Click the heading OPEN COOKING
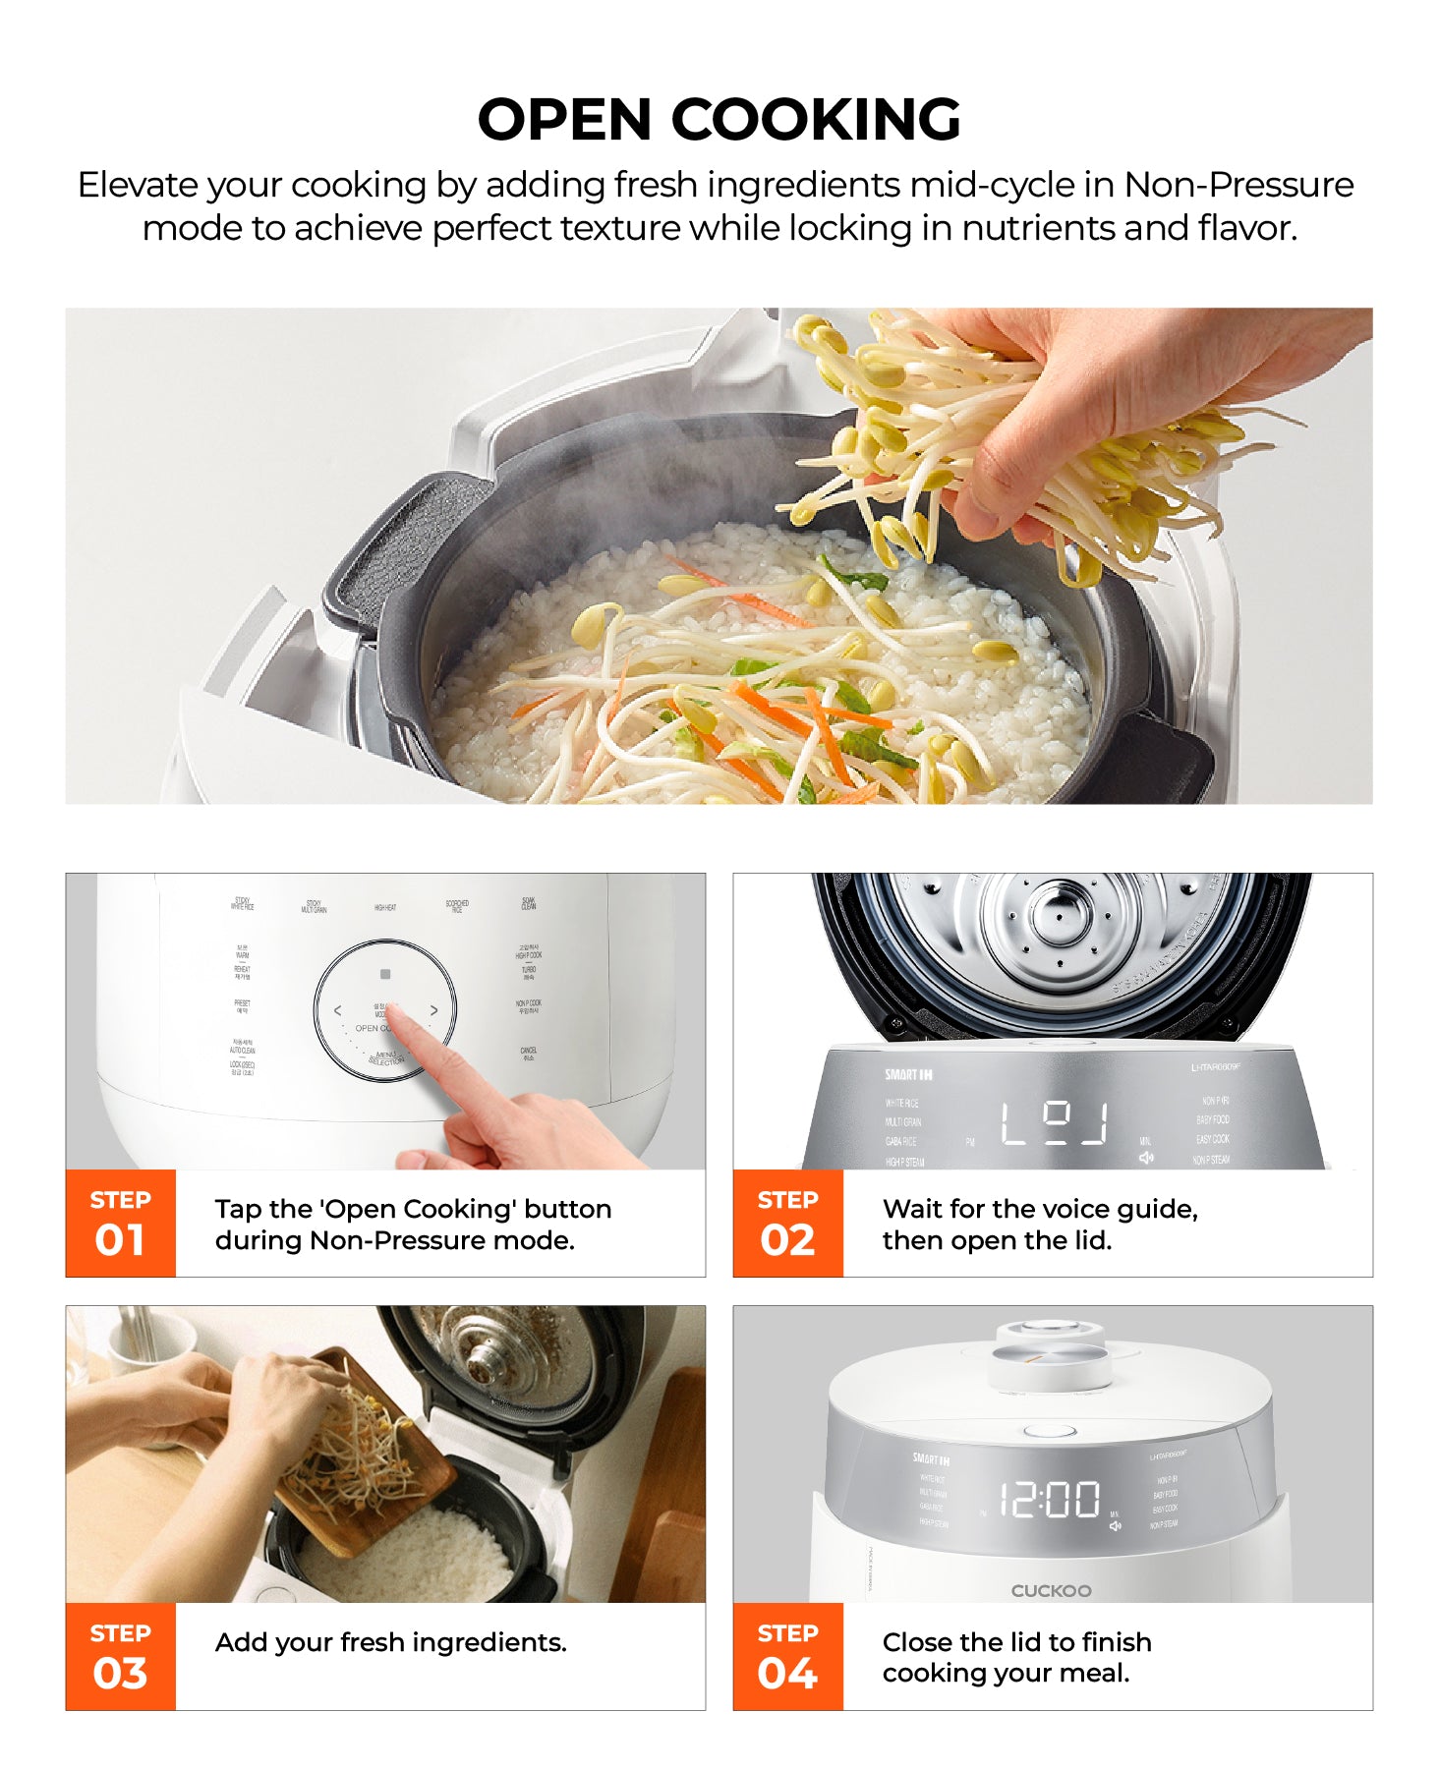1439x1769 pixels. coord(719,120)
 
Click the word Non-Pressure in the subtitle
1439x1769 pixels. coord(1238,185)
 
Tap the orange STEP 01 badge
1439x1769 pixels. coord(120,1224)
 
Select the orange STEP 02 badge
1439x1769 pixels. coord(787,1224)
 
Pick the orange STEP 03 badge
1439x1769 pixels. coord(120,1657)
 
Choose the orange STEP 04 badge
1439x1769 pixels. coord(787,1657)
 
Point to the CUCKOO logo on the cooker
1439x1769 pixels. coord(1051,1590)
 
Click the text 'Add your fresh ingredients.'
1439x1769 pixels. coord(390,1642)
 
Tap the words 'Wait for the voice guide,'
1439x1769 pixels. coord(1040,1209)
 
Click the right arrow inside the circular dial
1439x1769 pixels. coord(433,1010)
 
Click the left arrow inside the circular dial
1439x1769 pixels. coord(338,1010)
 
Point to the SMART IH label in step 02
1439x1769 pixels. coord(908,1075)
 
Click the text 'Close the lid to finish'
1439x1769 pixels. coord(1016,1642)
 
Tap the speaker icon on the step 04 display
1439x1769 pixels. coord(1116,1525)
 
